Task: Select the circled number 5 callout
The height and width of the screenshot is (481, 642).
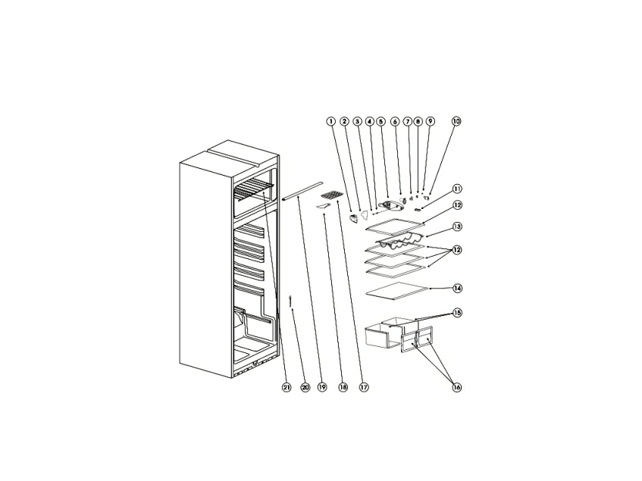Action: (x=381, y=121)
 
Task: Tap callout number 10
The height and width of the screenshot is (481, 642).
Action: (x=456, y=121)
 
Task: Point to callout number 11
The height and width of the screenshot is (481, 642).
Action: (x=457, y=189)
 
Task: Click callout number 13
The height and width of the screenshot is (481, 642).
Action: (x=457, y=226)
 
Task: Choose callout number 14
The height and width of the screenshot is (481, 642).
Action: (x=457, y=289)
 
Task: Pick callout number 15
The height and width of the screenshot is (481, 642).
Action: (x=457, y=313)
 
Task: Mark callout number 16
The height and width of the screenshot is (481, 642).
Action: (x=457, y=387)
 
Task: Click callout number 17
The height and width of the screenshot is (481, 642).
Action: (x=364, y=387)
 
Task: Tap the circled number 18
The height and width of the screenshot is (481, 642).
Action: (x=343, y=387)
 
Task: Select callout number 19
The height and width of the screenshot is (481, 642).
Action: (x=322, y=387)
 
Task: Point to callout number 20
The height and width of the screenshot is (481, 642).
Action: (x=305, y=387)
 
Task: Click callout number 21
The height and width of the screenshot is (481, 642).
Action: (x=287, y=387)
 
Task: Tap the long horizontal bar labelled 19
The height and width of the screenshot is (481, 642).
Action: (x=302, y=191)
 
